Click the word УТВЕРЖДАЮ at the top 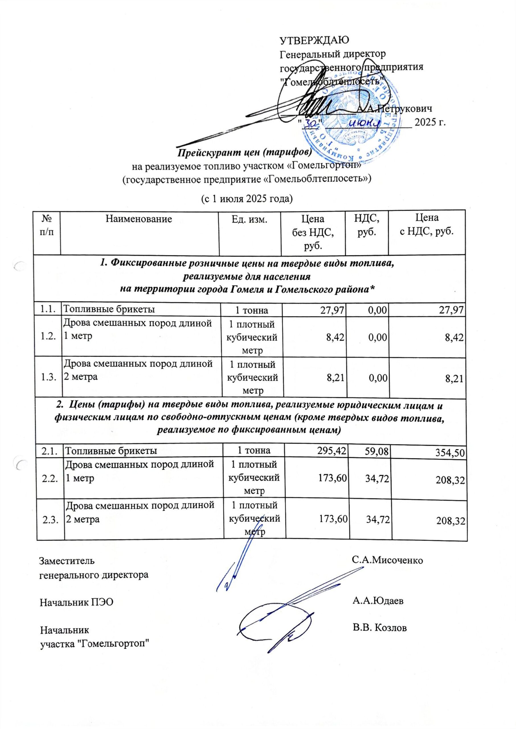click(x=314, y=40)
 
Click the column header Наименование click(x=139, y=219)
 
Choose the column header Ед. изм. click(x=249, y=219)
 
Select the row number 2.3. click(x=50, y=519)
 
